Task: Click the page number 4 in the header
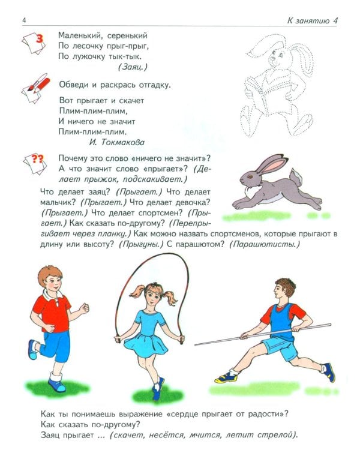pos(23,22)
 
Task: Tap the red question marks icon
pos(37,160)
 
